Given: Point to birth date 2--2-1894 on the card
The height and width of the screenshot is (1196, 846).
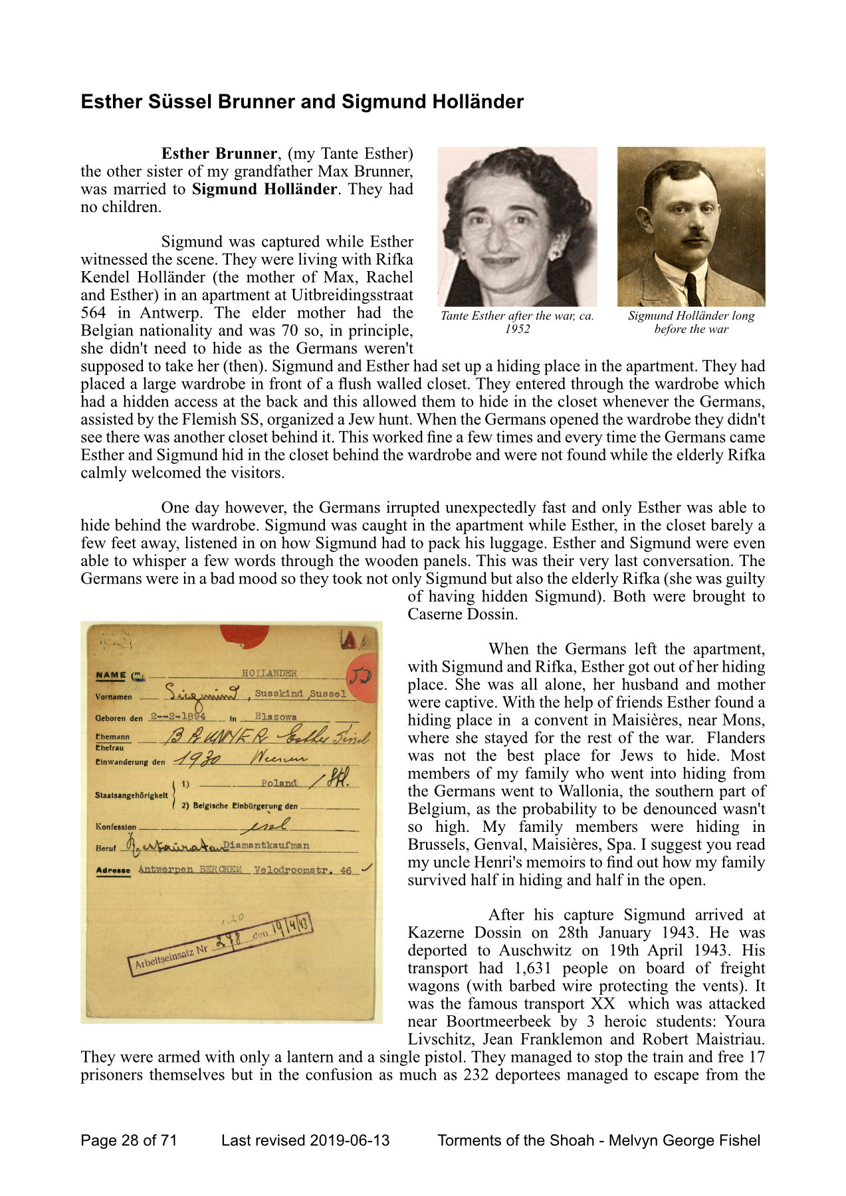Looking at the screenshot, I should point(177,716).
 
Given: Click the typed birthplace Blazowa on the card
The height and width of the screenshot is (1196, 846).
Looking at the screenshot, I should point(276,717).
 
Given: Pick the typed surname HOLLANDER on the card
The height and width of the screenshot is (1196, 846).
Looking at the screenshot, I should point(269,673).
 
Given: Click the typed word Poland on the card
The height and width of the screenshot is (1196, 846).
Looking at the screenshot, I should point(278,783).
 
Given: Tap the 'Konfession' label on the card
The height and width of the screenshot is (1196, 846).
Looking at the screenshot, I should point(116,827).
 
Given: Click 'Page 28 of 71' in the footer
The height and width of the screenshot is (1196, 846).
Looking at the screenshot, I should point(129,1141).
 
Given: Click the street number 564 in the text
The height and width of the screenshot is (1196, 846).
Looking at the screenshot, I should point(93,313).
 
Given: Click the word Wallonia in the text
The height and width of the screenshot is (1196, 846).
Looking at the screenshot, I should point(604,791).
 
